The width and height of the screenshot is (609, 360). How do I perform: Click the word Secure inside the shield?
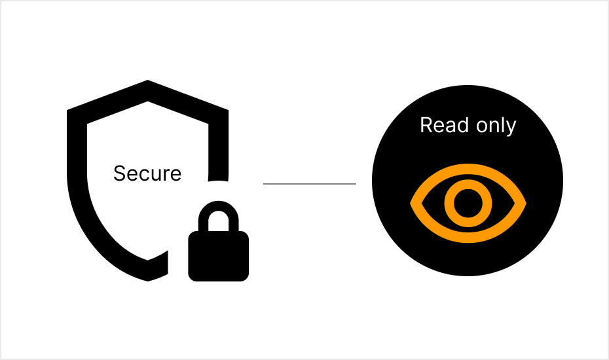[x=147, y=173]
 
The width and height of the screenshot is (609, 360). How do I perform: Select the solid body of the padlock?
[x=218, y=256]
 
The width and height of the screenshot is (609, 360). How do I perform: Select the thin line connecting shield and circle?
[x=309, y=184]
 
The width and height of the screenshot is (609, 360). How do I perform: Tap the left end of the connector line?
[x=265, y=184]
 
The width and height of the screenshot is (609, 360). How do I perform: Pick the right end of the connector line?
[x=354, y=184]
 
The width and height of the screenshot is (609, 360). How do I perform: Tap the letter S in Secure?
[x=119, y=173]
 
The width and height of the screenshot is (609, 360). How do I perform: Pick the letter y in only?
[x=511, y=128]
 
